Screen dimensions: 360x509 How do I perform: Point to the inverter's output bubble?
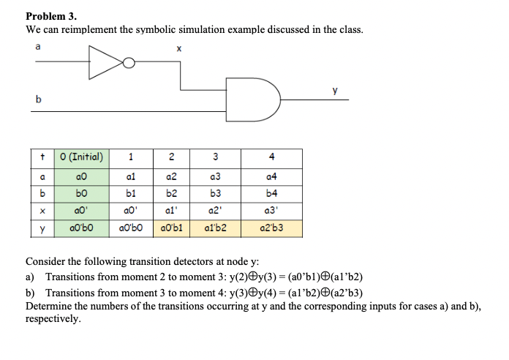(x=129, y=63)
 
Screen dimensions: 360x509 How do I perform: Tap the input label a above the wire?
(x=37, y=46)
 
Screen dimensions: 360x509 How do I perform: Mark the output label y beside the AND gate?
(x=335, y=90)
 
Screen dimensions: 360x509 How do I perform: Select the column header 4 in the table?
(x=271, y=156)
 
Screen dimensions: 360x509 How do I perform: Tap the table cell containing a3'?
(x=271, y=211)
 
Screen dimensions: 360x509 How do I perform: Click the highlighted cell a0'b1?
(x=171, y=229)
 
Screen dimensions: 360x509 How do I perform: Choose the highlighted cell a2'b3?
(x=271, y=229)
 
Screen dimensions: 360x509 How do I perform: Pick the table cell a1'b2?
(x=215, y=229)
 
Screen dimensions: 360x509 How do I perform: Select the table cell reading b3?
(x=215, y=193)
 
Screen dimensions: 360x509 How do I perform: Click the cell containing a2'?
(x=215, y=211)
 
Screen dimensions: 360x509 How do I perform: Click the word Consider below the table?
(x=46, y=261)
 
